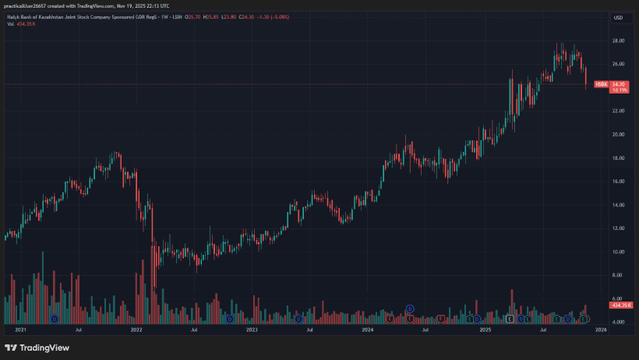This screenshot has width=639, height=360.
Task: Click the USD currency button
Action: pos(619,17)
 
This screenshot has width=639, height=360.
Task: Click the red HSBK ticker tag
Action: pos(600,84)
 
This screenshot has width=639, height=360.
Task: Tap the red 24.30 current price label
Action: pos(620,84)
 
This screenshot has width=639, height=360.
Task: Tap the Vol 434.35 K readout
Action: pos(23,24)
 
